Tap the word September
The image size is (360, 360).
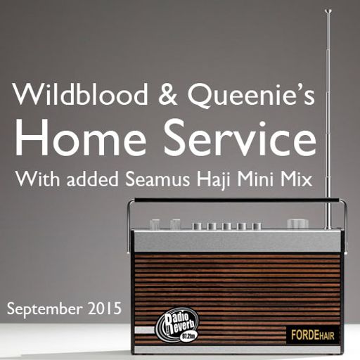click(42, 309)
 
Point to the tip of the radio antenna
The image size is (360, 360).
click(328, 11)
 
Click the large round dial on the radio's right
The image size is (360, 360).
click(298, 224)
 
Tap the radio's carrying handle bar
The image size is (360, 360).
click(232, 201)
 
